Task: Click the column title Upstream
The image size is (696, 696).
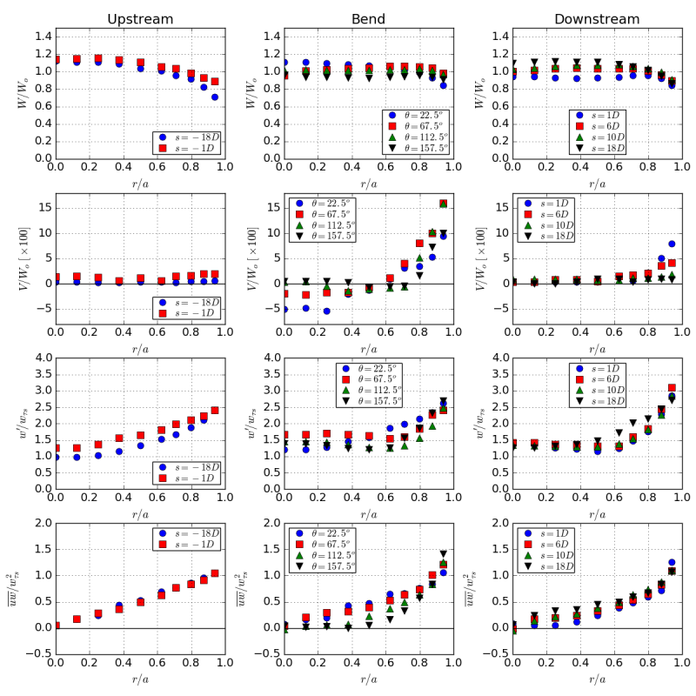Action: (x=139, y=19)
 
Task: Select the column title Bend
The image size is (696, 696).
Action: (x=368, y=19)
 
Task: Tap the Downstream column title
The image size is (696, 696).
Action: (x=597, y=19)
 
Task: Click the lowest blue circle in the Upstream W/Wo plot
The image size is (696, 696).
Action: (x=214, y=97)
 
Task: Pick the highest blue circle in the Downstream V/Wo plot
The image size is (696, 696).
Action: (x=672, y=244)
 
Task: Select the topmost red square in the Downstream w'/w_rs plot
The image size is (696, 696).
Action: (x=672, y=388)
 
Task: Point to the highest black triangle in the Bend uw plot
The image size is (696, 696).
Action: (x=443, y=553)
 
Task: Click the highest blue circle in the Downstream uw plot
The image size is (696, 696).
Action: (x=672, y=562)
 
